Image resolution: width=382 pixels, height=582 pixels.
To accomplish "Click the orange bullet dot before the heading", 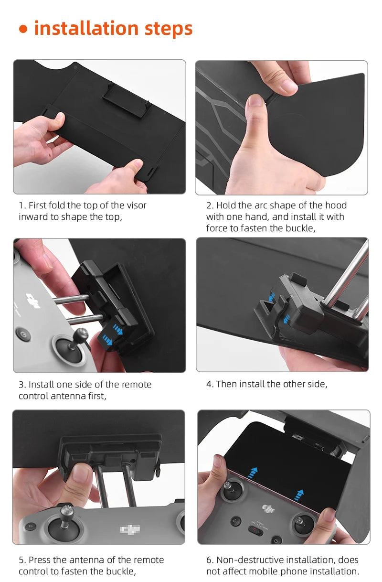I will tap(23, 30).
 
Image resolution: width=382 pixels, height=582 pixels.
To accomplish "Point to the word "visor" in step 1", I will tap(135, 205).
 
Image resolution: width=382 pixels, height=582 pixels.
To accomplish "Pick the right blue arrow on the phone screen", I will tap(299, 494).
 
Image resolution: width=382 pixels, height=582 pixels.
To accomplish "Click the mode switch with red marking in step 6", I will tap(256, 531).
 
